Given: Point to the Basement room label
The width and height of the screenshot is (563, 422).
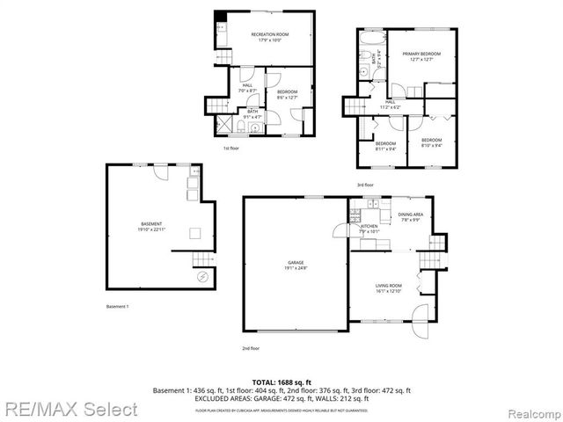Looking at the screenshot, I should (x=150, y=226).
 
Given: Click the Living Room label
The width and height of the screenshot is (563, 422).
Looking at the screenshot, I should (x=389, y=287).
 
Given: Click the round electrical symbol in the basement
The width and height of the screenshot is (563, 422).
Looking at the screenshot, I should (x=202, y=276).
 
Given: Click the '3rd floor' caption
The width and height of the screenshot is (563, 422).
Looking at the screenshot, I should (x=365, y=185).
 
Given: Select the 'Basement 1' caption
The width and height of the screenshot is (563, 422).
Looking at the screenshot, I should (x=117, y=306).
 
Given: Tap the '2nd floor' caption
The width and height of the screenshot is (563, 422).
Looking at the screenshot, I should (x=251, y=348).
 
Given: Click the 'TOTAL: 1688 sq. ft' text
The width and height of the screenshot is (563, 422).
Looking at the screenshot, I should (x=281, y=382).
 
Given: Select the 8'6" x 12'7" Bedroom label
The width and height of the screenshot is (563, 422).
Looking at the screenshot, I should (x=288, y=94).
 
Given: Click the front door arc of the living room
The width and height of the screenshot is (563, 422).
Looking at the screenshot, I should (x=420, y=314).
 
